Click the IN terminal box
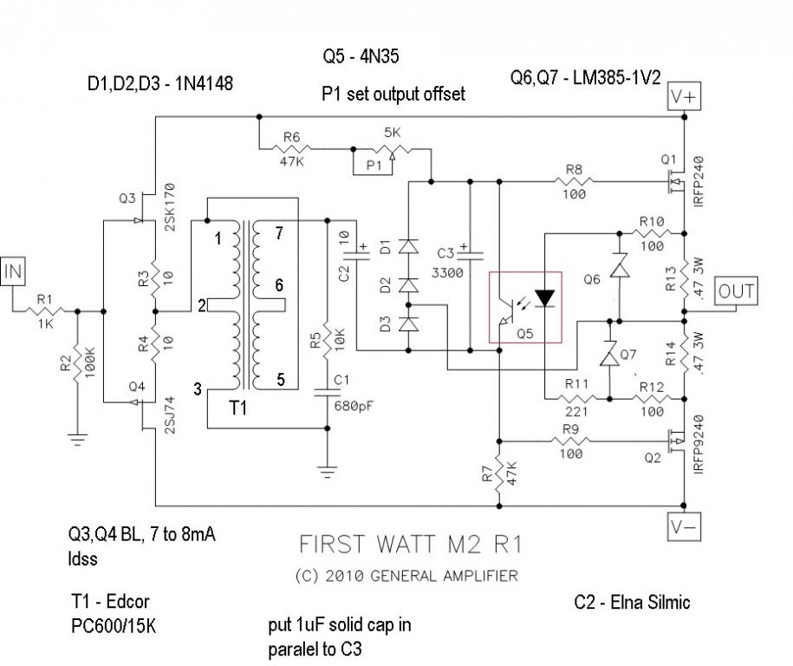pyautogui.click(x=13, y=271)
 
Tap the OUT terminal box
pyautogui.click(x=736, y=291)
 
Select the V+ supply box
pyautogui.click(x=684, y=96)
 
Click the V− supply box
pyautogui.click(x=684, y=527)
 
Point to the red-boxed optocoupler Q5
pyautogui.click(x=525, y=307)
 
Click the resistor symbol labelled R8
pyautogui.click(x=574, y=180)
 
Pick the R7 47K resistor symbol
pyautogui.click(x=499, y=473)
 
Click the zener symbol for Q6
pyautogui.click(x=620, y=265)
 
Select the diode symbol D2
pyautogui.click(x=408, y=285)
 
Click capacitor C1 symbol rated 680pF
pyautogui.click(x=328, y=392)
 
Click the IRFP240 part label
pyautogui.click(x=699, y=180)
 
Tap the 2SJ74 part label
pyautogui.click(x=169, y=415)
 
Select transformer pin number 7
pyautogui.click(x=279, y=233)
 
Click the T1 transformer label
pyautogui.click(x=237, y=408)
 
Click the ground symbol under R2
pyautogui.click(x=77, y=440)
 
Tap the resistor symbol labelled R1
pyautogui.click(x=44, y=310)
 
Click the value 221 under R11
pyautogui.click(x=576, y=412)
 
